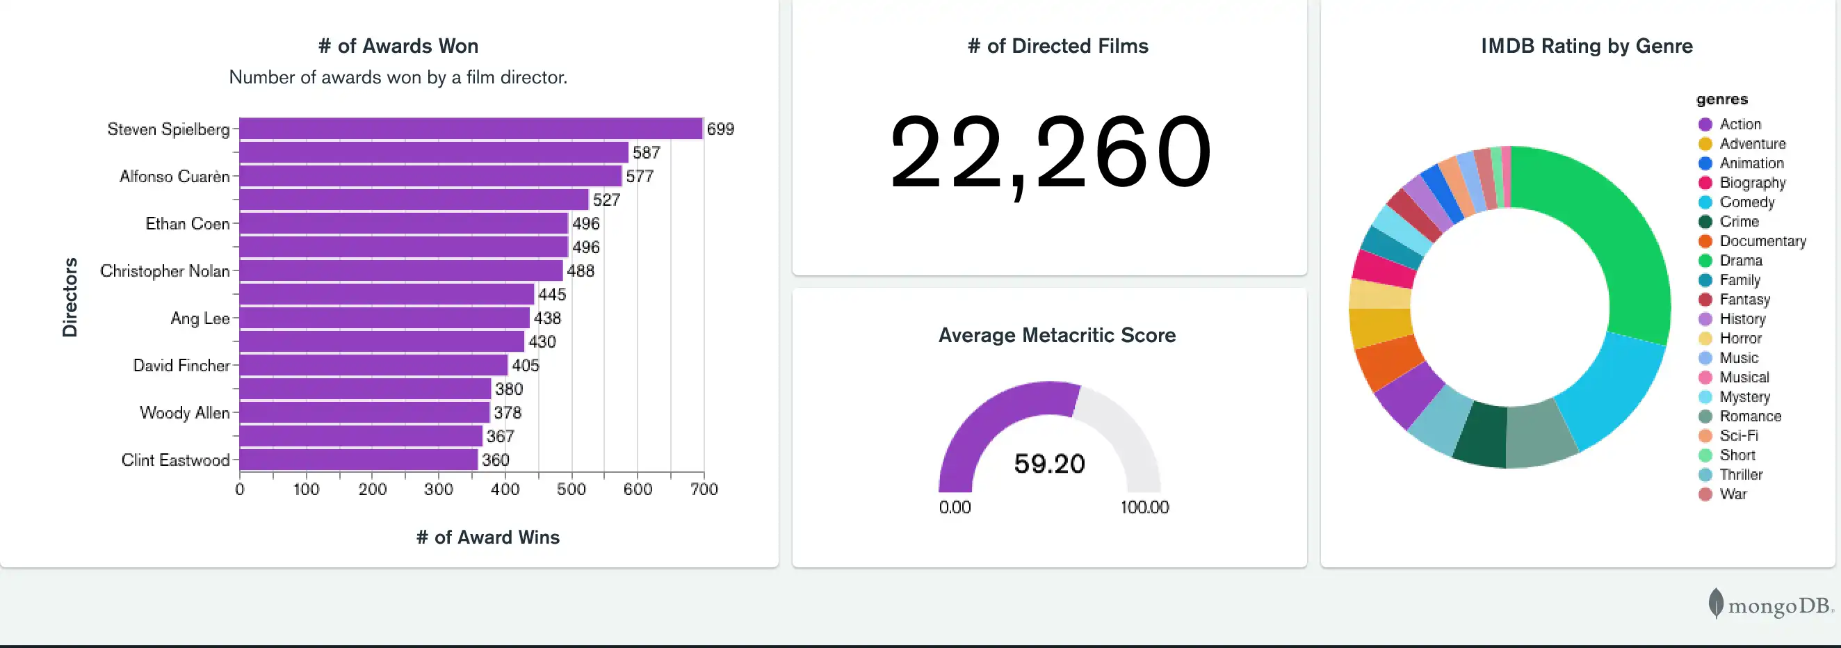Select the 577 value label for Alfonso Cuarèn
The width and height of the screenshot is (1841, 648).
639,177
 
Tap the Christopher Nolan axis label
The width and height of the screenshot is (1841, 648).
165,270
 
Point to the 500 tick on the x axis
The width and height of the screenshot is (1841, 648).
571,489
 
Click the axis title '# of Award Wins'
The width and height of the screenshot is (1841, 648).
487,537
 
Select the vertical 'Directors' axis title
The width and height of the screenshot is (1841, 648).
70,297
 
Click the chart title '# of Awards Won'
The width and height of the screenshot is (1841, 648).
398,46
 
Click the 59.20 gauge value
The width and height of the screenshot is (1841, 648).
1049,464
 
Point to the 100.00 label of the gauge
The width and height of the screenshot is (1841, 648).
1144,508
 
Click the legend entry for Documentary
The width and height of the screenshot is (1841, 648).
1762,241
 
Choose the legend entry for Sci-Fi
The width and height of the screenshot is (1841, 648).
1738,436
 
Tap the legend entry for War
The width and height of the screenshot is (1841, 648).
1733,494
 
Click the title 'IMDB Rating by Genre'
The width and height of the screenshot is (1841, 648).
1586,46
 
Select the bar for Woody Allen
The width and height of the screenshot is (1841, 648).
364,412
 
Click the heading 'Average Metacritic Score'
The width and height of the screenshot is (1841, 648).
1056,335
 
